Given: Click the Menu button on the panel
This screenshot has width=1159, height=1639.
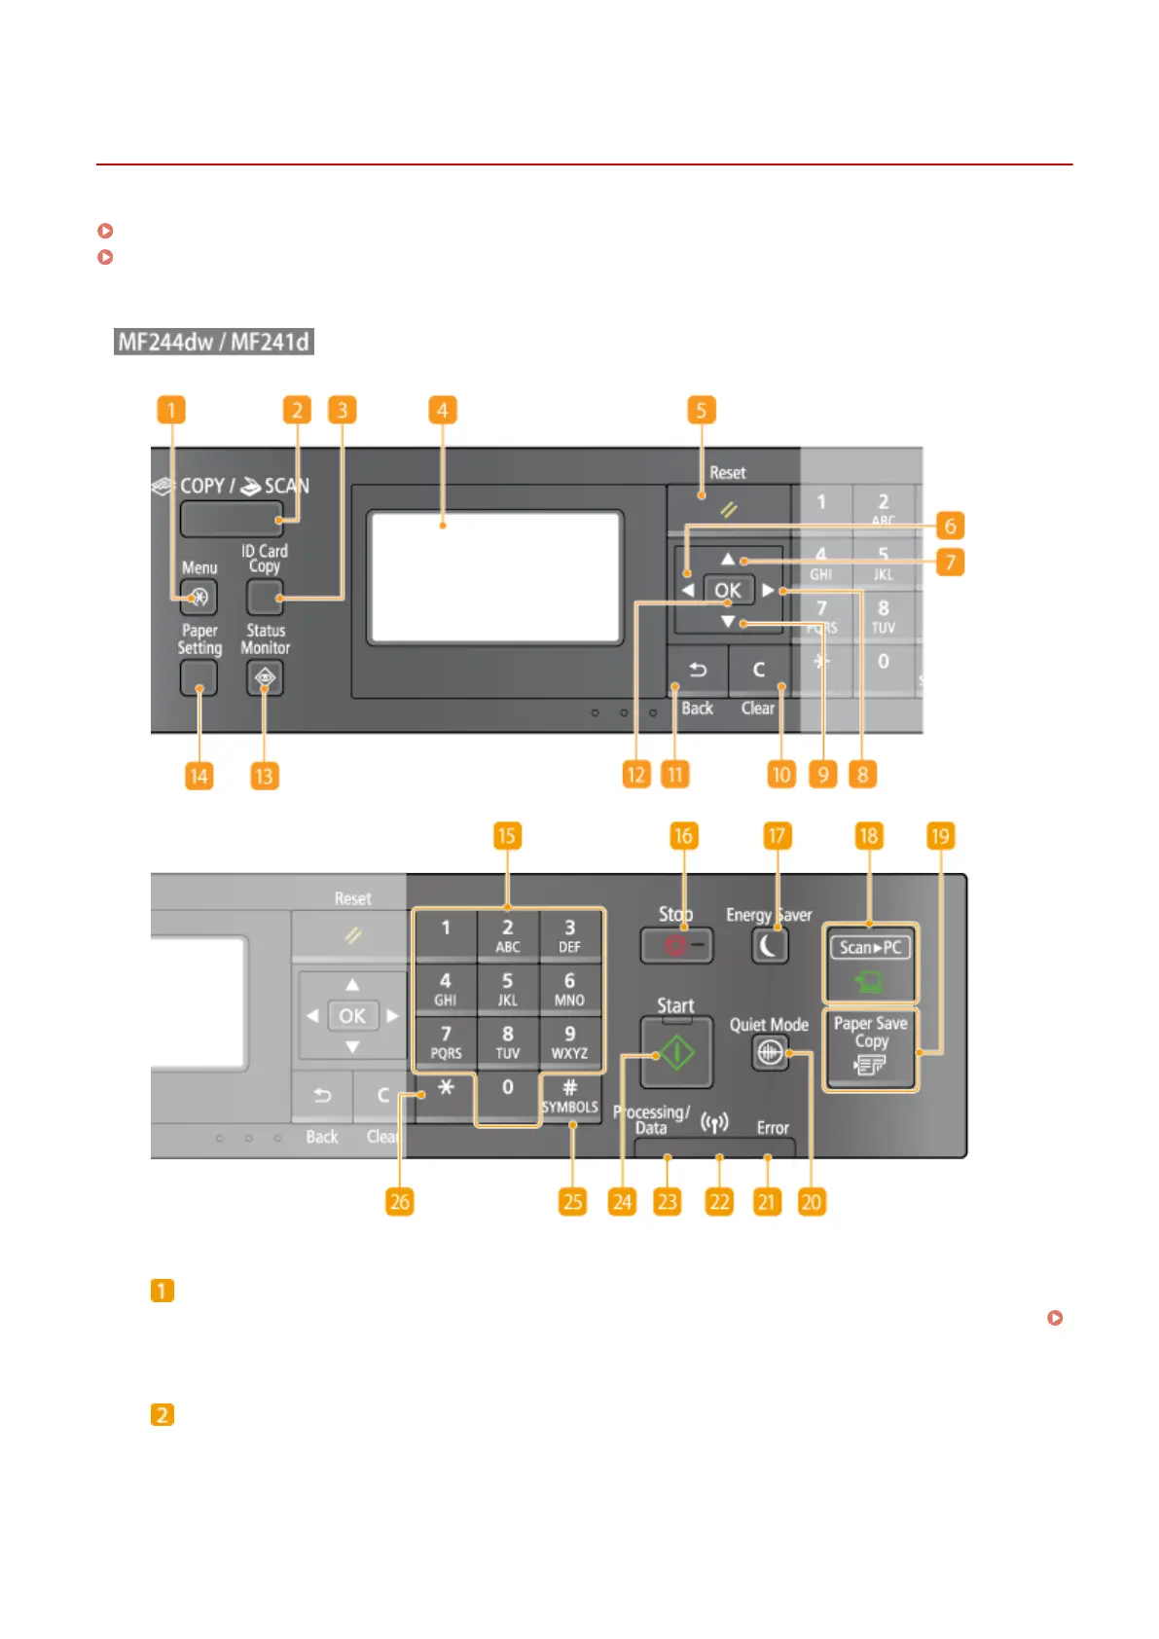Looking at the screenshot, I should [x=199, y=597].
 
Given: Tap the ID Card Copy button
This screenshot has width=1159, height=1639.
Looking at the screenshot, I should [x=265, y=597].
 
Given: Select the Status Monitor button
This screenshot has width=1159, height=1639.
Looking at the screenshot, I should [x=265, y=677].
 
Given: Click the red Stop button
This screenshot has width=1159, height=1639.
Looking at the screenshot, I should [x=676, y=945].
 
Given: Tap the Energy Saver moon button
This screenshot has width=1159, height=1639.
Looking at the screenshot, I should [x=770, y=945].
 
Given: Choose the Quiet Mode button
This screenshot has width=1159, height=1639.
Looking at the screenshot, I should [x=770, y=1052].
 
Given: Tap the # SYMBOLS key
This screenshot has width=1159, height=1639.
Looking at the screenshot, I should [x=570, y=1096].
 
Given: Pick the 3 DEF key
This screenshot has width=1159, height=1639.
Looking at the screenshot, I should [x=570, y=935].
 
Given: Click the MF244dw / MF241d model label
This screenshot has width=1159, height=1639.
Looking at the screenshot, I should [x=214, y=342].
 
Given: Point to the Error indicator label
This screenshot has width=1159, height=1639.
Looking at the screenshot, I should [x=773, y=1128].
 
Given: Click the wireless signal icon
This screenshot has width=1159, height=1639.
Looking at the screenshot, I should [x=715, y=1123].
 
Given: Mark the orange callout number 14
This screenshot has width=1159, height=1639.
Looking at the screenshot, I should [x=199, y=776].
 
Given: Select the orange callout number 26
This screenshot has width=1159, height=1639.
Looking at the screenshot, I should [x=400, y=1202].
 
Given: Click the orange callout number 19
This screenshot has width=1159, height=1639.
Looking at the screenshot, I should [x=940, y=836].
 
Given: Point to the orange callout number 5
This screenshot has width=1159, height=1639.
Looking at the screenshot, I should [x=701, y=410].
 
